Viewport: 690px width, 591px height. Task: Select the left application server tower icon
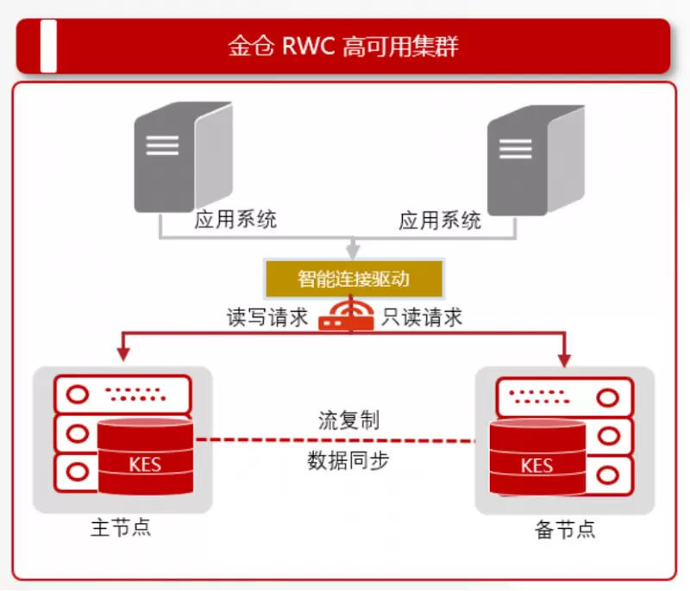point(181,157)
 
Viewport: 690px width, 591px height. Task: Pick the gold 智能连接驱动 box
point(353,279)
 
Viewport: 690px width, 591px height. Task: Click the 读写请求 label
point(267,317)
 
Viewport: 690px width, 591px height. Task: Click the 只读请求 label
point(422,317)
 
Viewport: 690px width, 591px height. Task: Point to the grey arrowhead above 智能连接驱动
point(353,252)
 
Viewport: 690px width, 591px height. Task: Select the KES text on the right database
point(536,466)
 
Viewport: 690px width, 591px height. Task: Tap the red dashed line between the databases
point(336,440)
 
